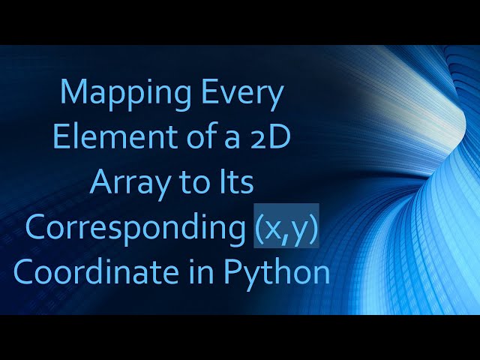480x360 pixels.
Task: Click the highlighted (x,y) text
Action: (x=286, y=227)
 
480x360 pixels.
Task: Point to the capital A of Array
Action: (x=101, y=182)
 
